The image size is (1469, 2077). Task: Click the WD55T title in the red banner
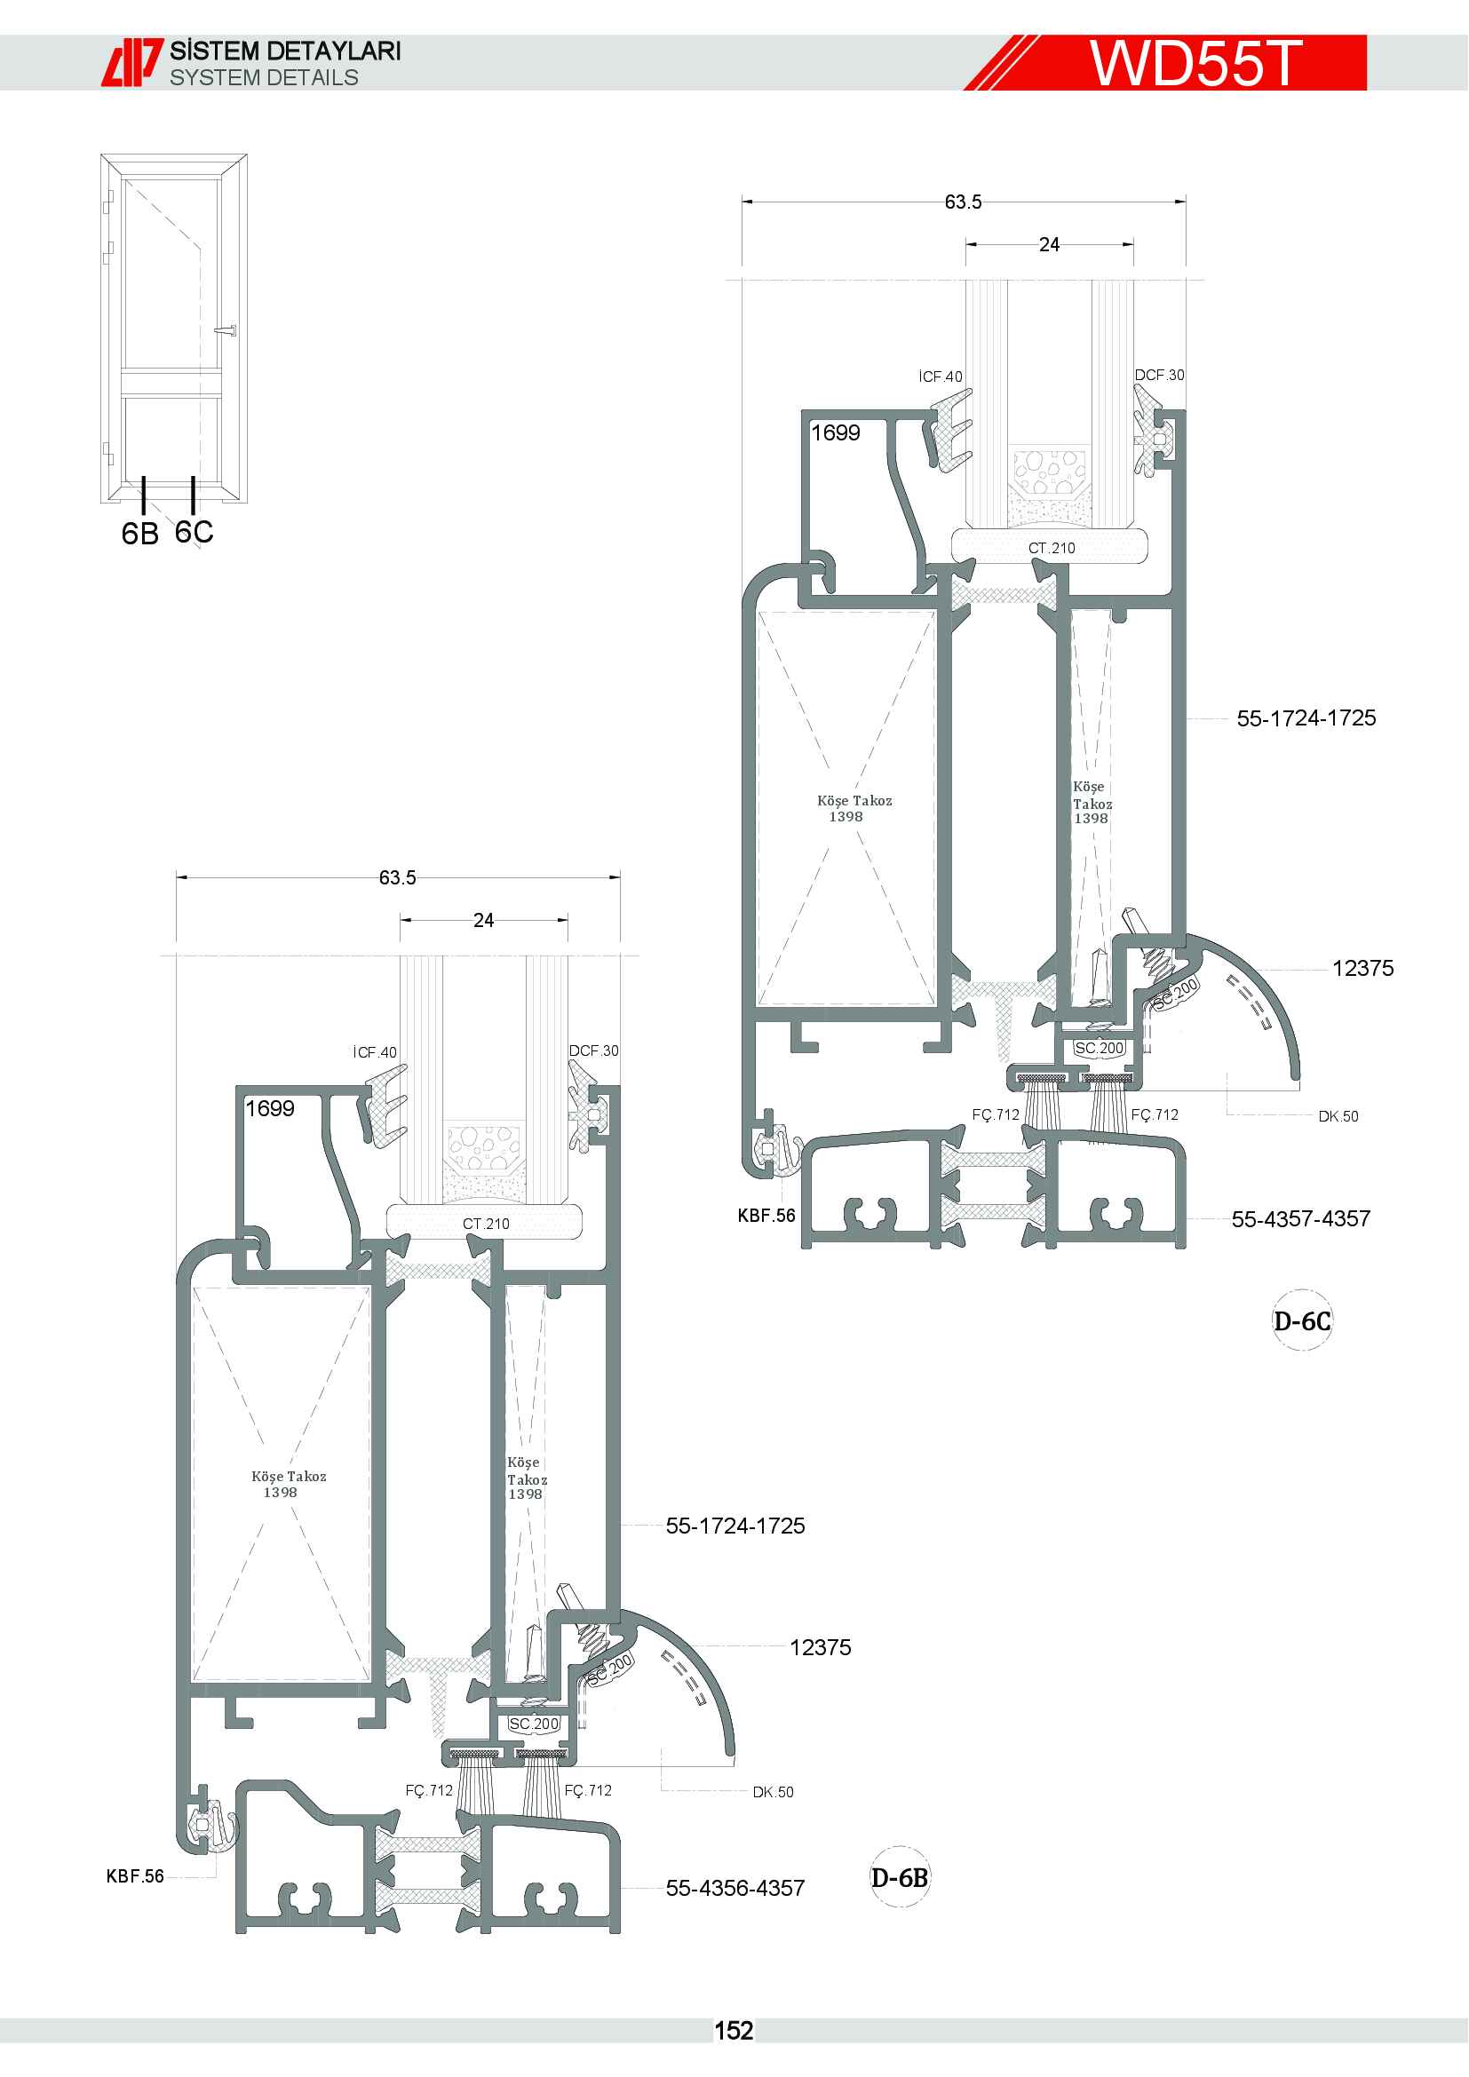point(1195,63)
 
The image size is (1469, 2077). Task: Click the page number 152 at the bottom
point(734,2031)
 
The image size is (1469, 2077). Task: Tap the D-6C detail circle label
point(1302,1321)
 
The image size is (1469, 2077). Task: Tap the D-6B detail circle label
point(899,1877)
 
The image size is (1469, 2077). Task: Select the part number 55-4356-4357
point(734,1888)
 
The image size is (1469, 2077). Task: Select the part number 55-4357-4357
point(1301,1218)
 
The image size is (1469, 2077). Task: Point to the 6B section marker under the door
point(140,533)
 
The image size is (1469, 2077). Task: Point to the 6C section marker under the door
point(194,531)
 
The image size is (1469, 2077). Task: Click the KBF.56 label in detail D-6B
point(135,1876)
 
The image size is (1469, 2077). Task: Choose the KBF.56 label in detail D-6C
point(766,1216)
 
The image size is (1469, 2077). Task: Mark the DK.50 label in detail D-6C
point(1338,1116)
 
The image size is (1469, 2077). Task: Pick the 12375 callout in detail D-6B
point(821,1647)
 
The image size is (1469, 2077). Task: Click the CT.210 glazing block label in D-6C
point(1051,548)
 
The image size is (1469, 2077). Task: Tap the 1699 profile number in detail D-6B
point(270,1108)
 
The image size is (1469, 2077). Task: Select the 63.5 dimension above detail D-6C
point(963,202)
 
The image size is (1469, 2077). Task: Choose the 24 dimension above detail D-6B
point(483,920)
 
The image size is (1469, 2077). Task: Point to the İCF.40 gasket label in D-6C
point(941,377)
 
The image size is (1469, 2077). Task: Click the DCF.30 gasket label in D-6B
point(593,1050)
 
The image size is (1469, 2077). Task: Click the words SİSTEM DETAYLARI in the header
point(285,51)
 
